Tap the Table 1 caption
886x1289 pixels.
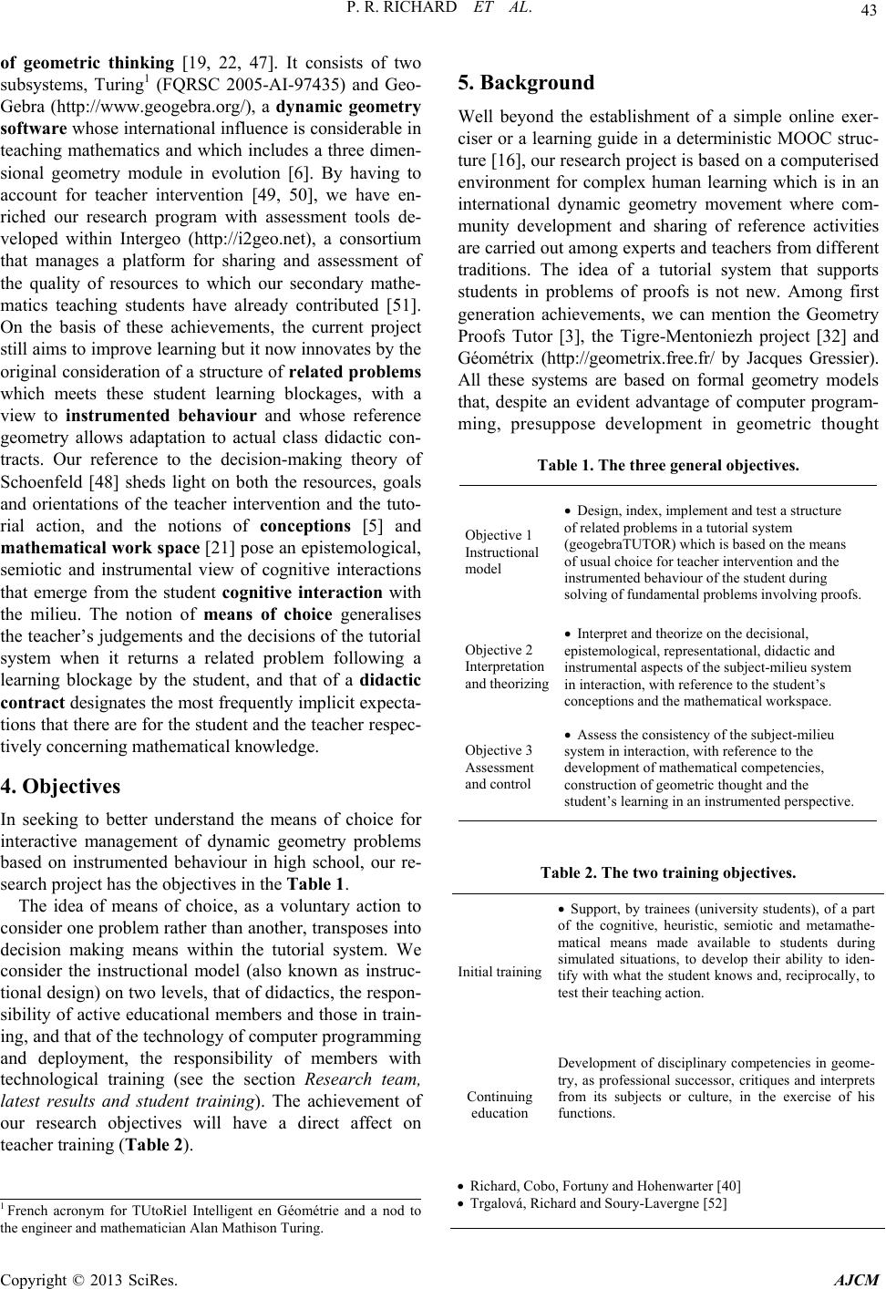point(668,464)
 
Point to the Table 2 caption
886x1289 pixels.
point(668,872)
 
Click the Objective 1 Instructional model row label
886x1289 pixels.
point(501,552)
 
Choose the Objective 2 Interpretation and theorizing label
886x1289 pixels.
point(506,666)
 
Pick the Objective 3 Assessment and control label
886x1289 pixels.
point(499,767)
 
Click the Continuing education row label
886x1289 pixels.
point(500,1105)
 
